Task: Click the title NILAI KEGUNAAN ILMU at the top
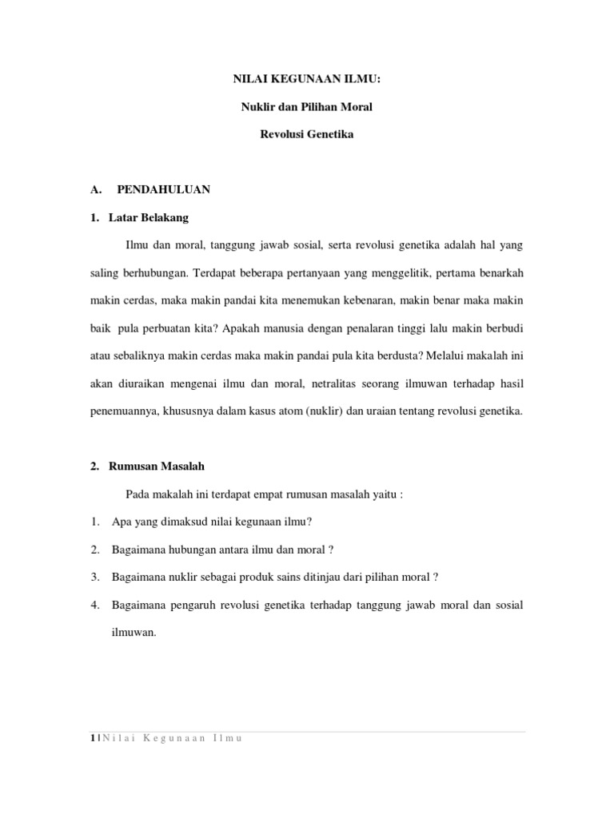307,79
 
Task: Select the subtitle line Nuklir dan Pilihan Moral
307,107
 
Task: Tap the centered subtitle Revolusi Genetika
307,134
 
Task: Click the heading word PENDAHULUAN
163,189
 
